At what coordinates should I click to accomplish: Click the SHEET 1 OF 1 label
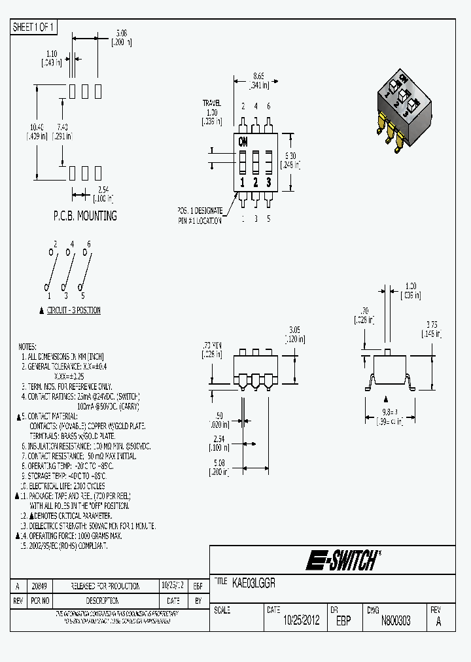tap(34, 27)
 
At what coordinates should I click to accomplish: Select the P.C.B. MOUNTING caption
tap(85, 216)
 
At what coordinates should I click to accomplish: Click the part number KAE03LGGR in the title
tap(254, 582)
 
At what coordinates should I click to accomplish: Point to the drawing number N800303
tap(396, 621)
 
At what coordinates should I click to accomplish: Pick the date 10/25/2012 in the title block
tap(301, 621)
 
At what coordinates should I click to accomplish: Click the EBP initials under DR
tap(343, 621)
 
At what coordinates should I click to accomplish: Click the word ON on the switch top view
tap(243, 142)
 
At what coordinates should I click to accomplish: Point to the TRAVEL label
tap(211, 103)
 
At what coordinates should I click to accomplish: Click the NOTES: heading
tap(27, 347)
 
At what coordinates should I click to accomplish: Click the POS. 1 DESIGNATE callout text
tap(200, 211)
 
